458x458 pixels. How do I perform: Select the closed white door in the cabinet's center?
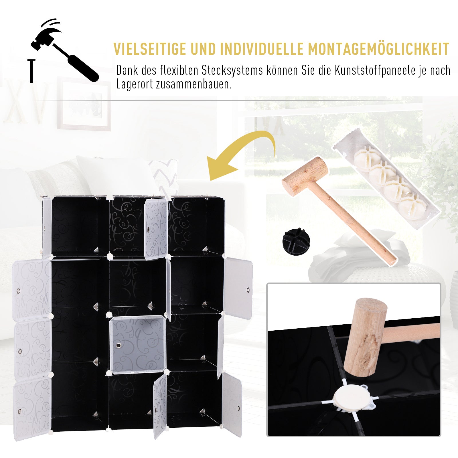pos(137,345)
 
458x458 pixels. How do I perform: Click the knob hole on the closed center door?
pos(118,346)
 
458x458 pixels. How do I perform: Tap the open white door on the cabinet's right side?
pos(238,287)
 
